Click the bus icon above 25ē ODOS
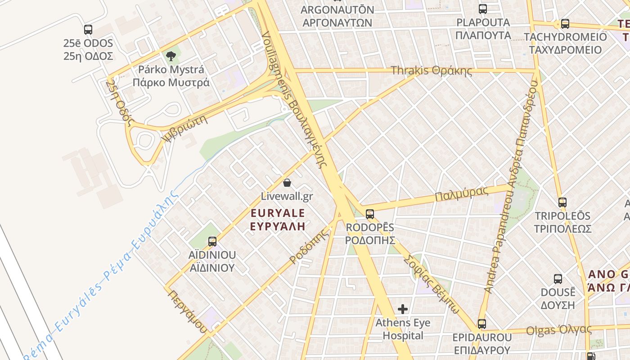[88, 30]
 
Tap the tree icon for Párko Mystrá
[171, 56]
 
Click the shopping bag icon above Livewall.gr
[287, 183]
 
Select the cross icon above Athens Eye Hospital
[403, 309]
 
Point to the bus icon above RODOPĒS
[370, 214]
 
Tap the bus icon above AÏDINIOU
[212, 242]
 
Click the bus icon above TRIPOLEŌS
[562, 202]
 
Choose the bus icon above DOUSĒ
[558, 279]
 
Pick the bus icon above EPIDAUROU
[482, 324]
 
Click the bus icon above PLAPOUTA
[483, 9]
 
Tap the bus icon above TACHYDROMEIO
[565, 24]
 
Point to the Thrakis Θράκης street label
[431, 71]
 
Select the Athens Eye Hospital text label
[403, 329]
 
